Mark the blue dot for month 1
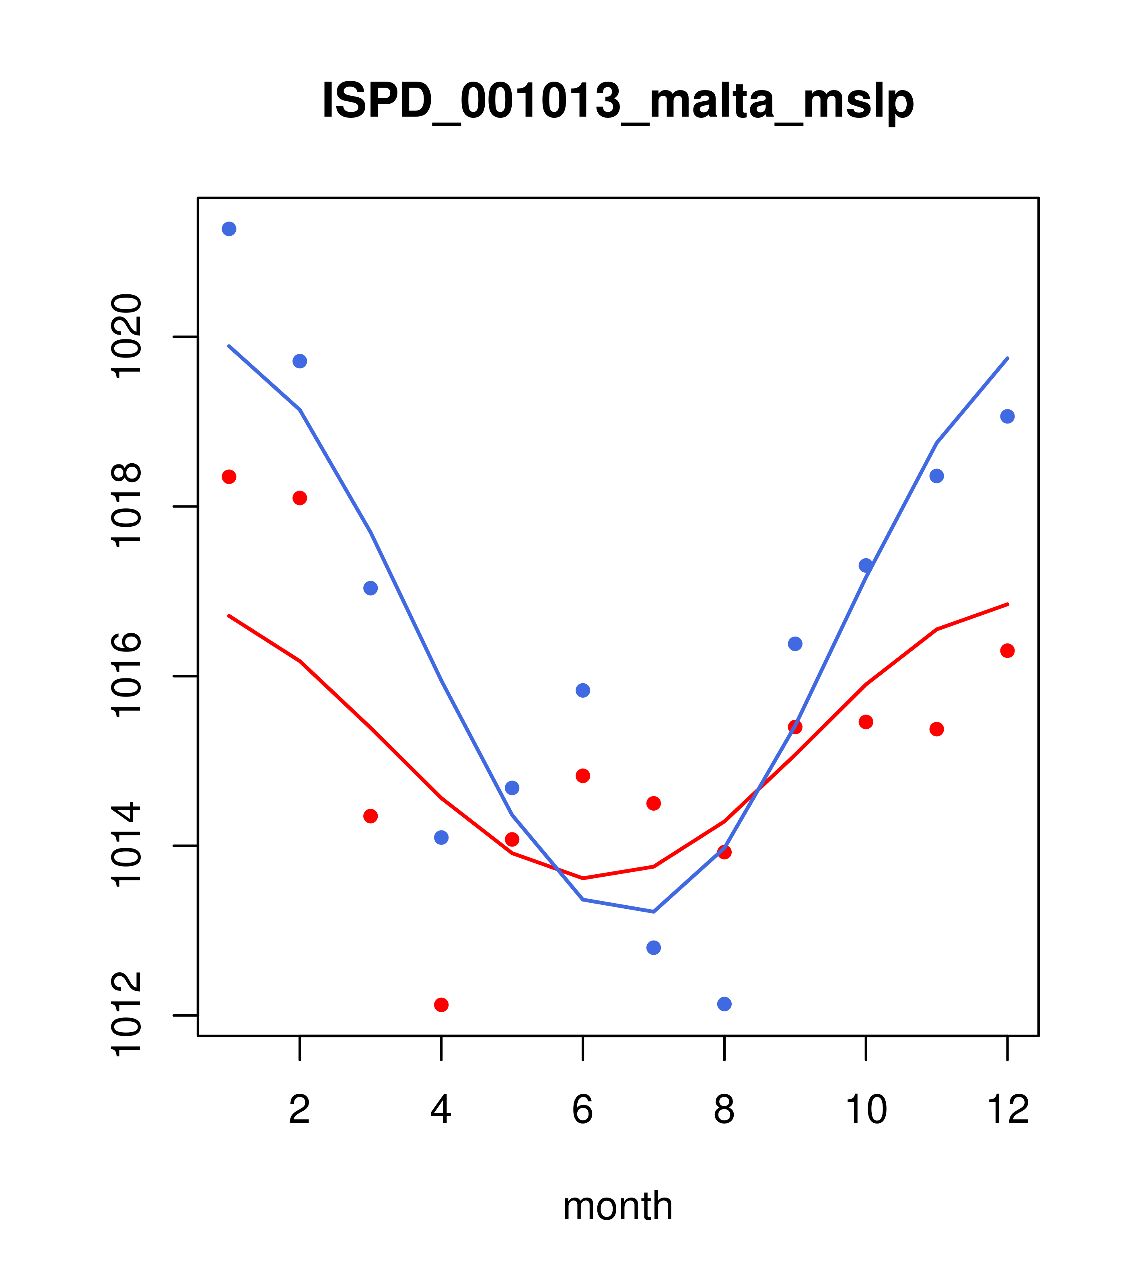pos(229,229)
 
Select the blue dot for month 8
pos(724,1004)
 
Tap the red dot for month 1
pos(229,477)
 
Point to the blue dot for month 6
pos(583,690)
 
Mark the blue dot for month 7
pos(653,948)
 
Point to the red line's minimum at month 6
pos(583,878)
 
